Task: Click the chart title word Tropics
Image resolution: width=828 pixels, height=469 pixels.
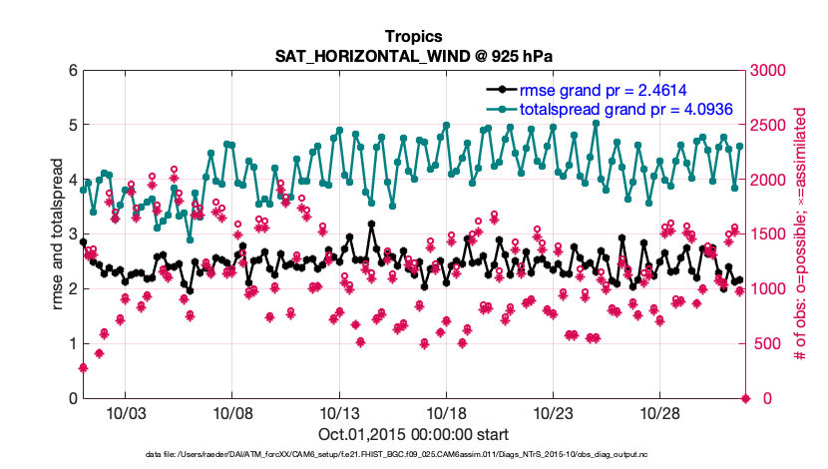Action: pyautogui.click(x=413, y=37)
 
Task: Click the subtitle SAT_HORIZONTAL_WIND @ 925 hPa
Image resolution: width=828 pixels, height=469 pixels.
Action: pyautogui.click(x=413, y=55)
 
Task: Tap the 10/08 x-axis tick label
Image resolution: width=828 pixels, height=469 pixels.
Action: pyautogui.click(x=231, y=413)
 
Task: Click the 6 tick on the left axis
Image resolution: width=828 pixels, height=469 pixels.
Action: pyautogui.click(x=72, y=71)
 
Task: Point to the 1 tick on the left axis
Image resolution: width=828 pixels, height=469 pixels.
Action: pyautogui.click(x=72, y=344)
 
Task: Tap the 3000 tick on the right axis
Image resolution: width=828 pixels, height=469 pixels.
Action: pyautogui.click(x=769, y=71)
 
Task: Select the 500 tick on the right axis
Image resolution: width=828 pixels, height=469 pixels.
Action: pyautogui.click(x=765, y=344)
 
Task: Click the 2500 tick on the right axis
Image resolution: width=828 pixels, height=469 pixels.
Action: pyautogui.click(x=769, y=126)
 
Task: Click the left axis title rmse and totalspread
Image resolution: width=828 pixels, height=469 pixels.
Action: pyautogui.click(x=58, y=234)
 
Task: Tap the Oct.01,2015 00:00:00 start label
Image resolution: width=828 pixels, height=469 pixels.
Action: pyautogui.click(x=413, y=434)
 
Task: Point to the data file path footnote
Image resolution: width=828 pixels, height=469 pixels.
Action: pyautogui.click(x=413, y=454)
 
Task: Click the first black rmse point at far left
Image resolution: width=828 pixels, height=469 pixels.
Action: pyautogui.click(x=83, y=242)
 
